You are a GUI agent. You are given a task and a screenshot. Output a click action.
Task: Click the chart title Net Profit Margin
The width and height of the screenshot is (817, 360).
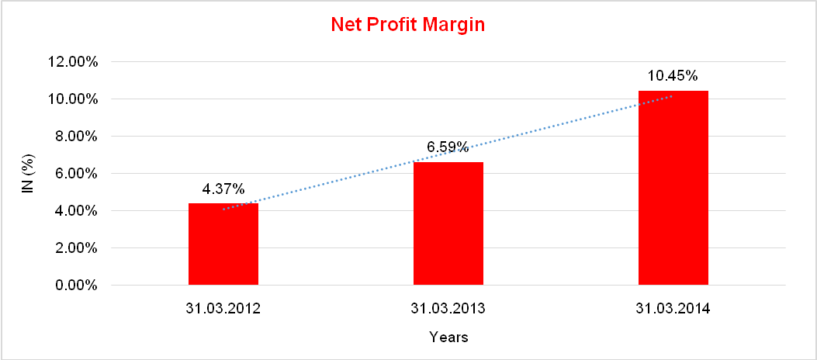pos(407,25)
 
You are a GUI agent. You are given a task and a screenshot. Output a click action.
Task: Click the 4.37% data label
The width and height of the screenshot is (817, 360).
pos(223,189)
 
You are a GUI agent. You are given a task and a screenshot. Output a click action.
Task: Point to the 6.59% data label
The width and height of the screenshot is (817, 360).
pos(448,147)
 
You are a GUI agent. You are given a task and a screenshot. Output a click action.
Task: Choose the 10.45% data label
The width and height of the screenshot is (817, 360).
pos(673,76)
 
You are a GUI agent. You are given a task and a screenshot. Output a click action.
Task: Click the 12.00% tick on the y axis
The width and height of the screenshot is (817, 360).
pos(72,62)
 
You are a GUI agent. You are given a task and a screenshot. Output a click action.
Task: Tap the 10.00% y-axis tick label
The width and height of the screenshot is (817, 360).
pos(72,99)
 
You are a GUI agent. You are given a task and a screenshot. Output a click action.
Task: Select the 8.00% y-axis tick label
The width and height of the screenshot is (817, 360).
pos(75,137)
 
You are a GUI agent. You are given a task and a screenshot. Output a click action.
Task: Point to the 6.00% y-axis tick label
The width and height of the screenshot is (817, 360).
pos(75,174)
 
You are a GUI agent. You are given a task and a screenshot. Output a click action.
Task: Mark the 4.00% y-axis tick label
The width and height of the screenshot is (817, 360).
pos(75,211)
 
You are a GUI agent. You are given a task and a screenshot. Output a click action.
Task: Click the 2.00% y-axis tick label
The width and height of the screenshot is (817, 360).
pos(75,248)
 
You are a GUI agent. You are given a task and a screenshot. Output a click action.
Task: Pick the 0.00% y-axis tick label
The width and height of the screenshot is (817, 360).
pos(75,286)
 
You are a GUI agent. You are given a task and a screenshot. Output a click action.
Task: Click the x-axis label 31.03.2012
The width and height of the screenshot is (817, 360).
pos(223,309)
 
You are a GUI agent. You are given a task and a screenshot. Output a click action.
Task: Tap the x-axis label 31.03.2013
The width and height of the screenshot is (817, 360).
pos(448,309)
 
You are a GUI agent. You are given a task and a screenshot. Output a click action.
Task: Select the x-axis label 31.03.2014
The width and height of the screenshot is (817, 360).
pos(673,309)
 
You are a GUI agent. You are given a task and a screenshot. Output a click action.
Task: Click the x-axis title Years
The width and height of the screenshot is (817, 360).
pos(448,337)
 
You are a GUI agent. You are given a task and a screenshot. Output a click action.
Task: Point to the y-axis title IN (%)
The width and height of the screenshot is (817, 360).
pos(29,173)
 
